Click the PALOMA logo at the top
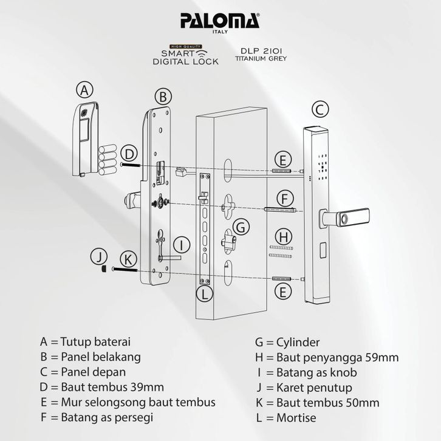click(x=220, y=21)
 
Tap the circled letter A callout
click(x=86, y=91)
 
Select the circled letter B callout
click(x=162, y=96)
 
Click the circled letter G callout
click(x=241, y=227)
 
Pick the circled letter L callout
click(x=207, y=295)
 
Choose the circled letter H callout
click(x=282, y=236)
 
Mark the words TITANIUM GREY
click(x=261, y=60)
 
